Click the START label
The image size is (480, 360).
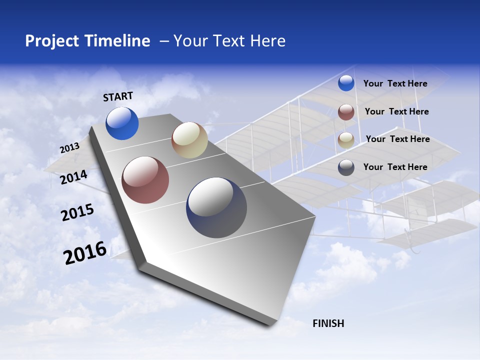click(118, 96)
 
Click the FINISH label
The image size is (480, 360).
click(328, 323)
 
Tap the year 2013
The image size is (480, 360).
click(69, 148)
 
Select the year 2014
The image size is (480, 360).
click(73, 177)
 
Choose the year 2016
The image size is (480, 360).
click(85, 253)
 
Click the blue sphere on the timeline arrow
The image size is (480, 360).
click(122, 123)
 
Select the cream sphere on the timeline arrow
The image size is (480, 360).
click(189, 140)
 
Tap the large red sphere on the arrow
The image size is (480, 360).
click(145, 180)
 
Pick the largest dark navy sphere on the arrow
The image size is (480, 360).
click(216, 207)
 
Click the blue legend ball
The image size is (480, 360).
click(346, 83)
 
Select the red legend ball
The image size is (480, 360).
click(346, 112)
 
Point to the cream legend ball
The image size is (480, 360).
click(346, 140)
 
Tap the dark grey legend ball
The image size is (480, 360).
click(346, 167)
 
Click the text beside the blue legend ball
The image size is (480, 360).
click(395, 83)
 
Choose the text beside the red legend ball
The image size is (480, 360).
click(396, 111)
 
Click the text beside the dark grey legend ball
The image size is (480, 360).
click(395, 167)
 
